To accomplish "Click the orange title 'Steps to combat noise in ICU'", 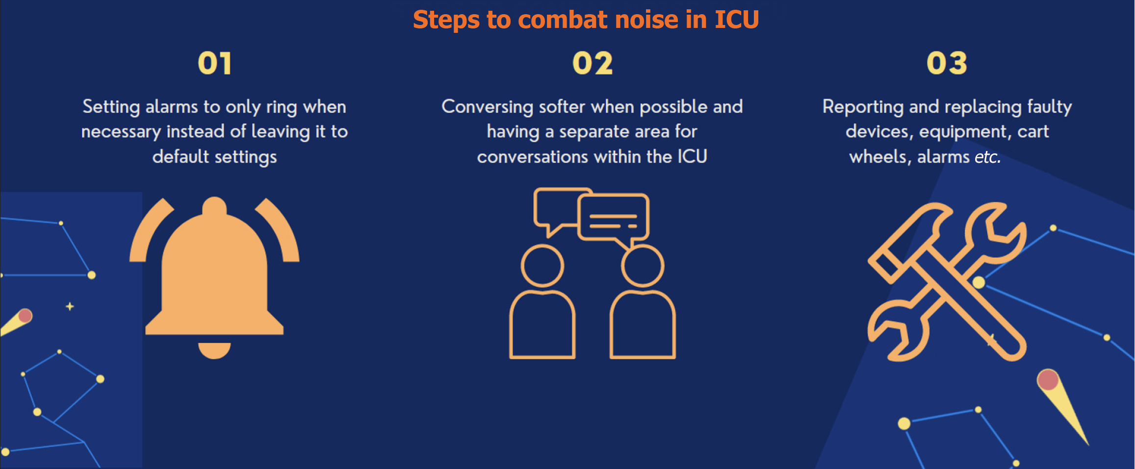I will click(586, 20).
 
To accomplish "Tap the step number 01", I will click(214, 64).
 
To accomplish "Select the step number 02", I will click(593, 64).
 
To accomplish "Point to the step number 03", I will click(947, 64).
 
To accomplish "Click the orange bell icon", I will click(214, 274).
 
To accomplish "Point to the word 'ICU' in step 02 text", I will click(692, 157).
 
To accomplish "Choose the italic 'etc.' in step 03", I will click(987, 157).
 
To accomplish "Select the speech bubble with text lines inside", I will click(614, 217).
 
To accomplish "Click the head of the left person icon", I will click(542, 266).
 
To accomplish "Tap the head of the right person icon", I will click(643, 266).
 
